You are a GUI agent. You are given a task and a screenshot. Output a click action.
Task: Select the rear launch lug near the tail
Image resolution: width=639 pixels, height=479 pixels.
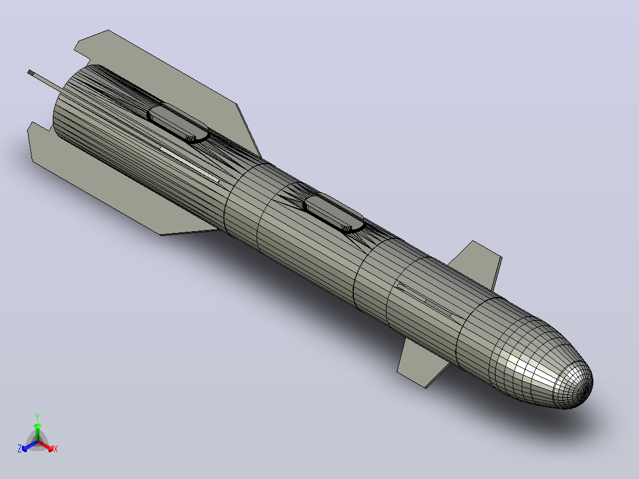point(178,123)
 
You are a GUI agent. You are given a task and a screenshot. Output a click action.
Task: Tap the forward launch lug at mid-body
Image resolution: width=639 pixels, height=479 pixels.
point(334,213)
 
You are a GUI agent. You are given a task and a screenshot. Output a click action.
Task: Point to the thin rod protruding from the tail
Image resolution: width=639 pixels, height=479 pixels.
point(46,80)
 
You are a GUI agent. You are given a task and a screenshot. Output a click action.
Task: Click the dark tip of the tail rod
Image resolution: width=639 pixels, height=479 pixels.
point(31,72)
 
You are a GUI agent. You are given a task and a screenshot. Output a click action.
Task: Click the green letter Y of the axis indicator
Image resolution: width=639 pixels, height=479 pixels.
point(37,417)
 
